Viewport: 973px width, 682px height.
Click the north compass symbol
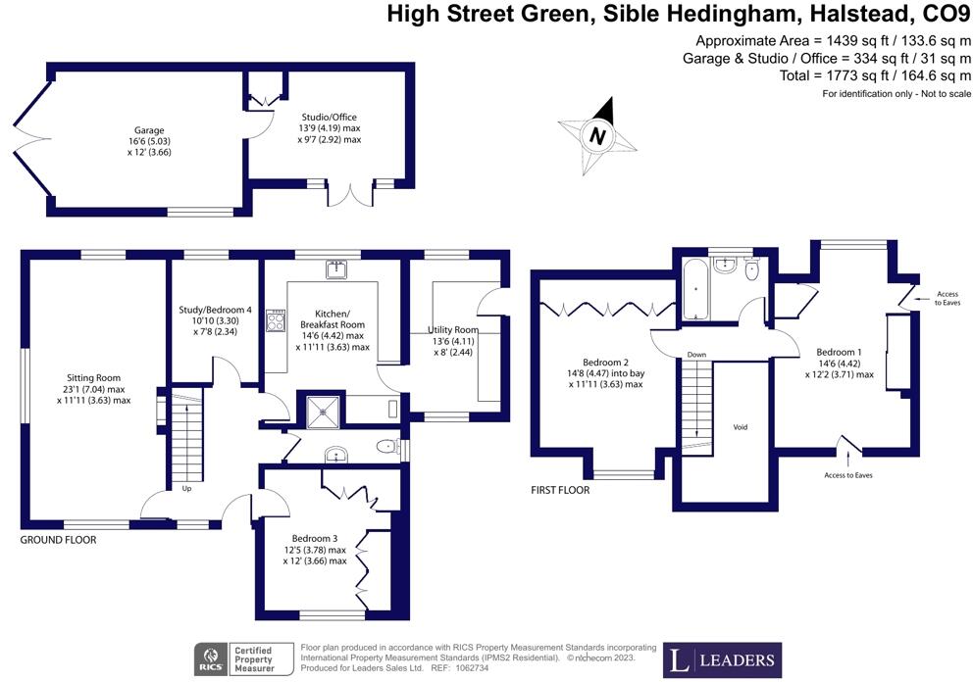coord(596,135)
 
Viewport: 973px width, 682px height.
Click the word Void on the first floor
coord(742,428)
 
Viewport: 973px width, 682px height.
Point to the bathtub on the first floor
coord(695,286)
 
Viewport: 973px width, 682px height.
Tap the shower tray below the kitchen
coord(325,412)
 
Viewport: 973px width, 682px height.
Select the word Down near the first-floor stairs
coord(696,355)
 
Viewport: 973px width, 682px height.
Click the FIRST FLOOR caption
coord(560,490)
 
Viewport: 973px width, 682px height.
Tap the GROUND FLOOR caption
coord(59,539)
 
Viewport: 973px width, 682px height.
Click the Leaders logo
coord(723,659)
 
